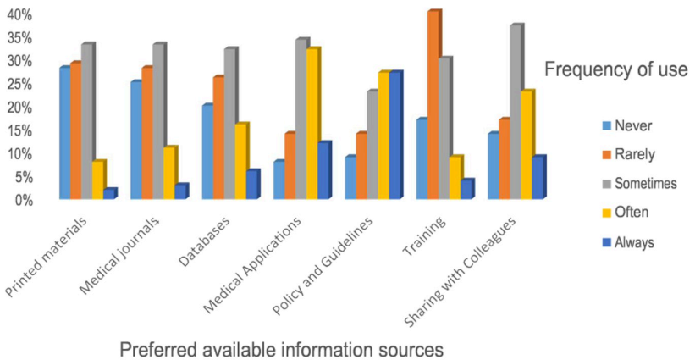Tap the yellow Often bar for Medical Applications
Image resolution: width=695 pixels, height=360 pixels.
(x=312, y=124)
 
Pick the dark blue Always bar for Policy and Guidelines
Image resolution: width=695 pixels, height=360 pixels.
(x=394, y=136)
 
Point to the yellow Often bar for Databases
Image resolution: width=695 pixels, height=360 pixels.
(x=240, y=162)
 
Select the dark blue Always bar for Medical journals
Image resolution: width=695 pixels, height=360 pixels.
(x=180, y=192)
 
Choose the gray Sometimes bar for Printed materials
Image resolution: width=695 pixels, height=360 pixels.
(x=86, y=122)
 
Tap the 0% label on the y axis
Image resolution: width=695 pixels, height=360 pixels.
(x=20, y=200)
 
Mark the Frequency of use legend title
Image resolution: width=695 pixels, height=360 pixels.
(x=615, y=69)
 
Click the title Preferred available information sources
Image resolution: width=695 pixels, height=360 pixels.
(x=281, y=348)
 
